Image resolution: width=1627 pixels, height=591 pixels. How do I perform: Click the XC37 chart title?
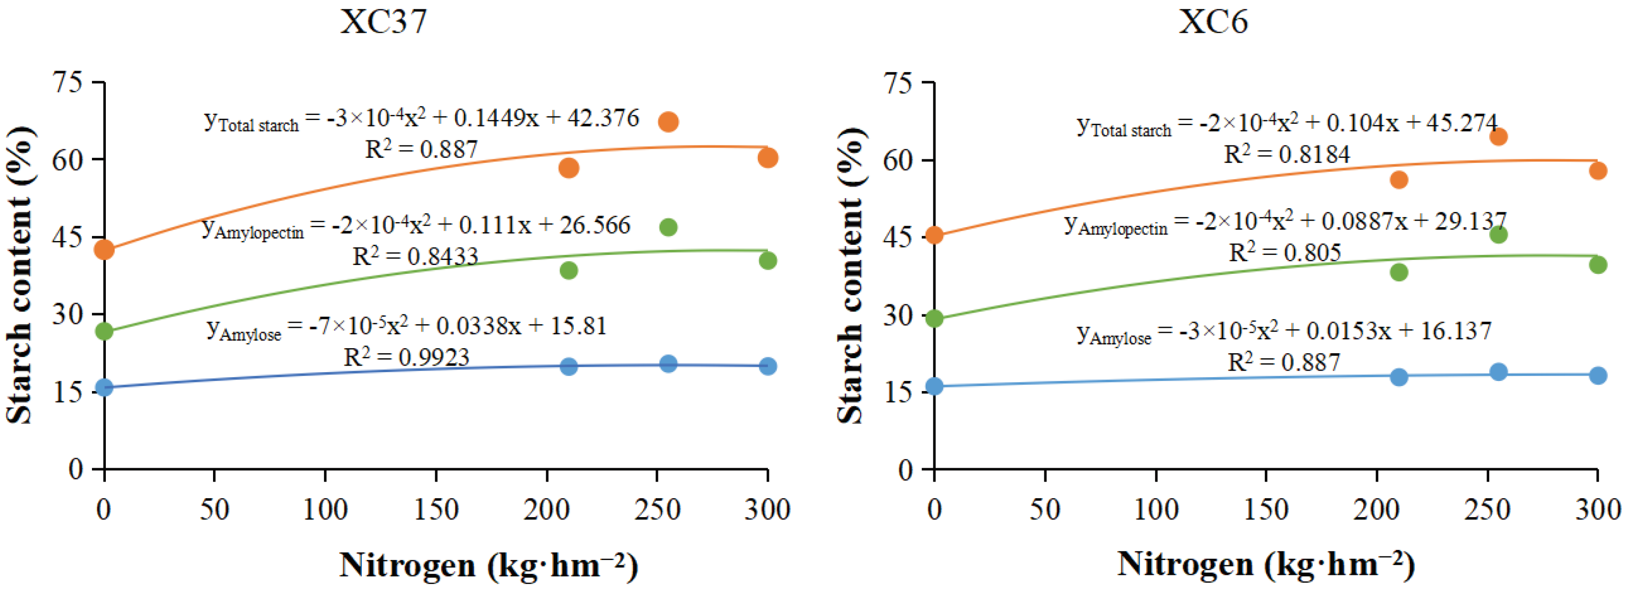click(x=384, y=22)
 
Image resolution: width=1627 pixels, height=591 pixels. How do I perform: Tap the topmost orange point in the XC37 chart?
click(x=668, y=121)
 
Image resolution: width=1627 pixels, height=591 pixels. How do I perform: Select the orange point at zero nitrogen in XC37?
click(x=104, y=249)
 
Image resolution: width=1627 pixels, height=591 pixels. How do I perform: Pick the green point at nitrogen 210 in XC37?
click(x=568, y=270)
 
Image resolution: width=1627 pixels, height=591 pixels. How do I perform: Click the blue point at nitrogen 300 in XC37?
click(x=768, y=366)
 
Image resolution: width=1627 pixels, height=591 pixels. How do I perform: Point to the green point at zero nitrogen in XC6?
click(x=934, y=318)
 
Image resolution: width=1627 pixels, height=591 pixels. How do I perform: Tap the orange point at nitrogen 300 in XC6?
click(x=1598, y=170)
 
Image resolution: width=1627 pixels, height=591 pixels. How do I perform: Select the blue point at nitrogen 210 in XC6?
click(x=1399, y=377)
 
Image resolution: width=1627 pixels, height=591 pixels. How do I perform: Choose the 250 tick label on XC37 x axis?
click(x=657, y=509)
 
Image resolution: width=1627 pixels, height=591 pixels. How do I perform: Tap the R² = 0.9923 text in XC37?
click(x=406, y=357)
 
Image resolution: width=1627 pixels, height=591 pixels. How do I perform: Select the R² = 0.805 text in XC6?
click(x=1284, y=252)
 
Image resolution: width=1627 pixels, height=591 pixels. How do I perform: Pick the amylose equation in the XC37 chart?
click(x=406, y=327)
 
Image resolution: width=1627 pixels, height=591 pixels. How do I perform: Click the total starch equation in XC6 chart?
click(x=1286, y=124)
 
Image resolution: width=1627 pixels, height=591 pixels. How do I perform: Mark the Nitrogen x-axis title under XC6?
click(x=1266, y=564)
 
